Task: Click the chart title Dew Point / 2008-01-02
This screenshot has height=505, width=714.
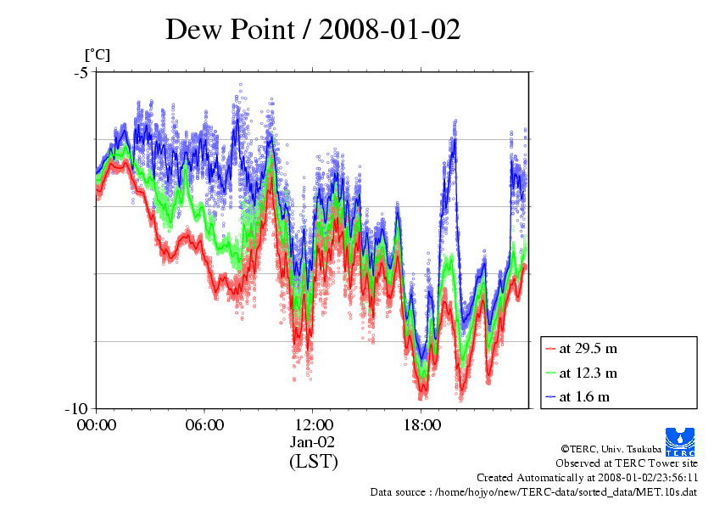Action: (x=313, y=29)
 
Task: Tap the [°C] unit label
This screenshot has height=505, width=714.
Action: (x=97, y=55)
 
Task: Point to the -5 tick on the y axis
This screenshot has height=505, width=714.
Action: (x=81, y=72)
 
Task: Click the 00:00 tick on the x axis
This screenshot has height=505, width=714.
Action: (x=97, y=424)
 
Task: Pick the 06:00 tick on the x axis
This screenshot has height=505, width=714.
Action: (x=204, y=424)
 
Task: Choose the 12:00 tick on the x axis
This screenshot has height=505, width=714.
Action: (x=313, y=424)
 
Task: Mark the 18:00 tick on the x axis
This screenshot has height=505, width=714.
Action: (x=421, y=424)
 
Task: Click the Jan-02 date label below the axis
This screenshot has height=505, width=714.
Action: (x=313, y=442)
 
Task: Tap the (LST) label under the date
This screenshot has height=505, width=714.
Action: (x=313, y=462)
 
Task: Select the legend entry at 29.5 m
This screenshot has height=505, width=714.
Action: (x=588, y=349)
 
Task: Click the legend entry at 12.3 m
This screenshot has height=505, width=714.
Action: (x=588, y=373)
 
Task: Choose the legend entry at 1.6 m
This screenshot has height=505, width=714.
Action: (x=584, y=396)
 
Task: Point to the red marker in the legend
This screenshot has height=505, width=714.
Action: (x=551, y=349)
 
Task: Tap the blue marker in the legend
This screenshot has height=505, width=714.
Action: (x=551, y=396)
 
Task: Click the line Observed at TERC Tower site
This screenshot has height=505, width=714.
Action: (x=627, y=463)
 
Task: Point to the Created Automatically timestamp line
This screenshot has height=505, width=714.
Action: (x=587, y=478)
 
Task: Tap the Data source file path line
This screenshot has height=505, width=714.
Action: (x=533, y=492)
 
